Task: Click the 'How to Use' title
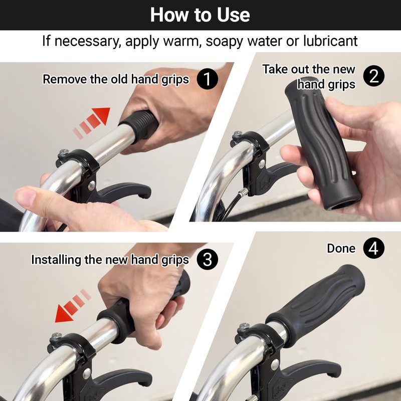point(200,15)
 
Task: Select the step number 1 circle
point(207,79)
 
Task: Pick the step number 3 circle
point(207,259)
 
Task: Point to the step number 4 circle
point(374,248)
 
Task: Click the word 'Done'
point(341,249)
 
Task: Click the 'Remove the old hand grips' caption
point(116,79)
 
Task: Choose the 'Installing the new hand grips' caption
point(110,260)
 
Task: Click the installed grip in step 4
point(316,298)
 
